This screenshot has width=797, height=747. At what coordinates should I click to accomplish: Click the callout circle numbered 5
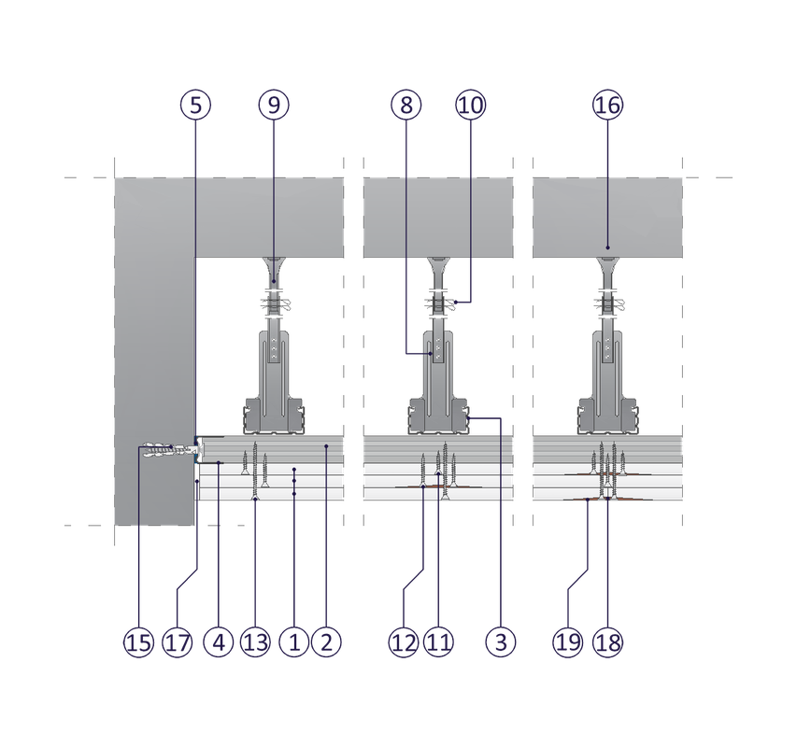[195, 106]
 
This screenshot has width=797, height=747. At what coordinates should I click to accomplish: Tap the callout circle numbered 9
[274, 106]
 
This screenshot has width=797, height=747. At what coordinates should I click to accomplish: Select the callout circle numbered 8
[406, 106]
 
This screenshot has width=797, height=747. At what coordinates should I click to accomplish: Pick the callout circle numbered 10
[471, 106]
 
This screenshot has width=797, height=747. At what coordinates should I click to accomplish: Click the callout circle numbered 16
[607, 106]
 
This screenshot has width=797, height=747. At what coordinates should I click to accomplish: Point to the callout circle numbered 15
[139, 642]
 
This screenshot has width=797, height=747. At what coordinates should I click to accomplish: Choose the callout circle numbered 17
[178, 642]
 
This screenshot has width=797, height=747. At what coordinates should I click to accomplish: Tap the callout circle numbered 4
[219, 642]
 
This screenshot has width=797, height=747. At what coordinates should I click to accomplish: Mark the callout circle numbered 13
[255, 642]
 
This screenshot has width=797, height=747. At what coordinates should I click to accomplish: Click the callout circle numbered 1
[294, 642]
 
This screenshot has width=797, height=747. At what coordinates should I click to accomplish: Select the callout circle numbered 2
[326, 642]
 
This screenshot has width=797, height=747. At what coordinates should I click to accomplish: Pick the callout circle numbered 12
[404, 642]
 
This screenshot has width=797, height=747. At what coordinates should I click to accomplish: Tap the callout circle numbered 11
[438, 642]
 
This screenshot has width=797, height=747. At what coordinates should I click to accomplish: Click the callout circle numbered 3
[501, 642]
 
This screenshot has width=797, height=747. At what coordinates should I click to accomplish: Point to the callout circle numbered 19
[568, 642]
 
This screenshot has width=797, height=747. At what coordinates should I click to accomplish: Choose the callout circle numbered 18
[607, 642]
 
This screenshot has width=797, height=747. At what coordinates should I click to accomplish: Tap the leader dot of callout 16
[607, 247]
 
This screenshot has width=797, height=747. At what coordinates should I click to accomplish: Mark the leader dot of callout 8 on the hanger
[431, 353]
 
